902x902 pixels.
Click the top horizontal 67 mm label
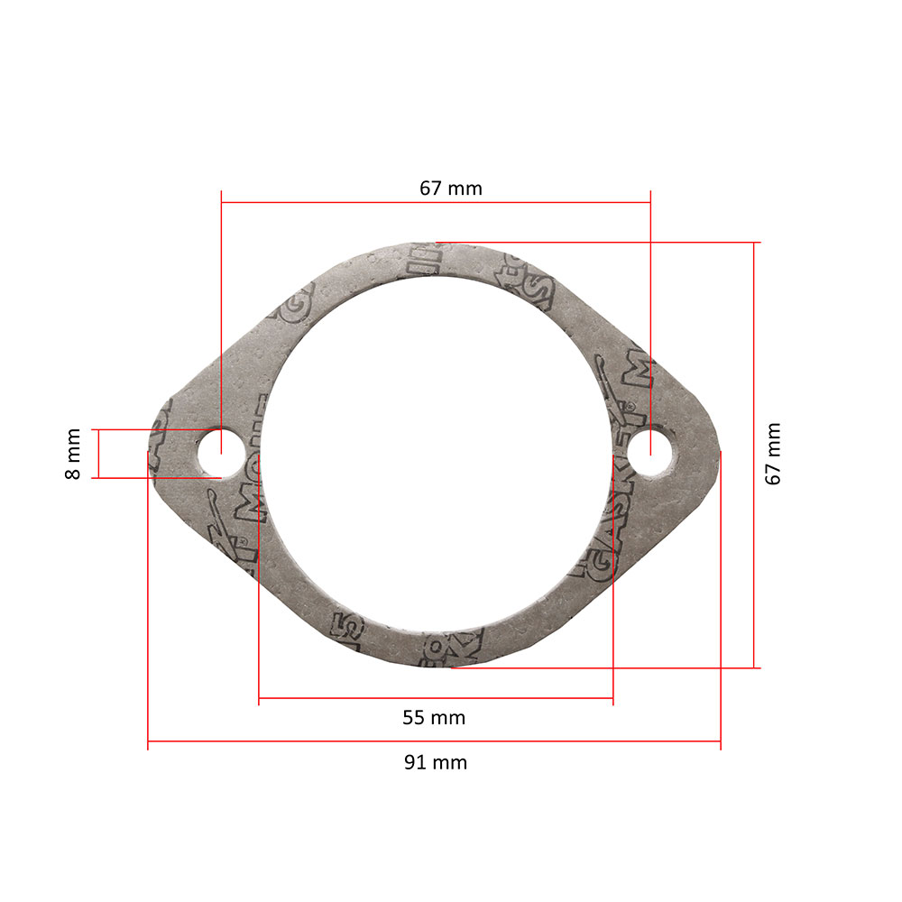click(450, 189)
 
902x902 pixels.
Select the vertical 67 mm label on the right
click(773, 454)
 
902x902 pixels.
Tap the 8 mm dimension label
click(73, 454)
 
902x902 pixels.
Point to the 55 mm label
click(434, 718)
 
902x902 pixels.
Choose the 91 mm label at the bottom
click(435, 762)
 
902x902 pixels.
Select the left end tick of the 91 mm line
click(148, 741)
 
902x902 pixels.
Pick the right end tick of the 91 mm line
click(721, 741)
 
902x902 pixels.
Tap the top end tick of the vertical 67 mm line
click(754, 243)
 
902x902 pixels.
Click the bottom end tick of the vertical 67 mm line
click(754, 667)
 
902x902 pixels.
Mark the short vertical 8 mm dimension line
click(98, 454)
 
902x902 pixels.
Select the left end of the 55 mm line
click(259, 698)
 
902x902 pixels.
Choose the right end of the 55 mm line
click(613, 698)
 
